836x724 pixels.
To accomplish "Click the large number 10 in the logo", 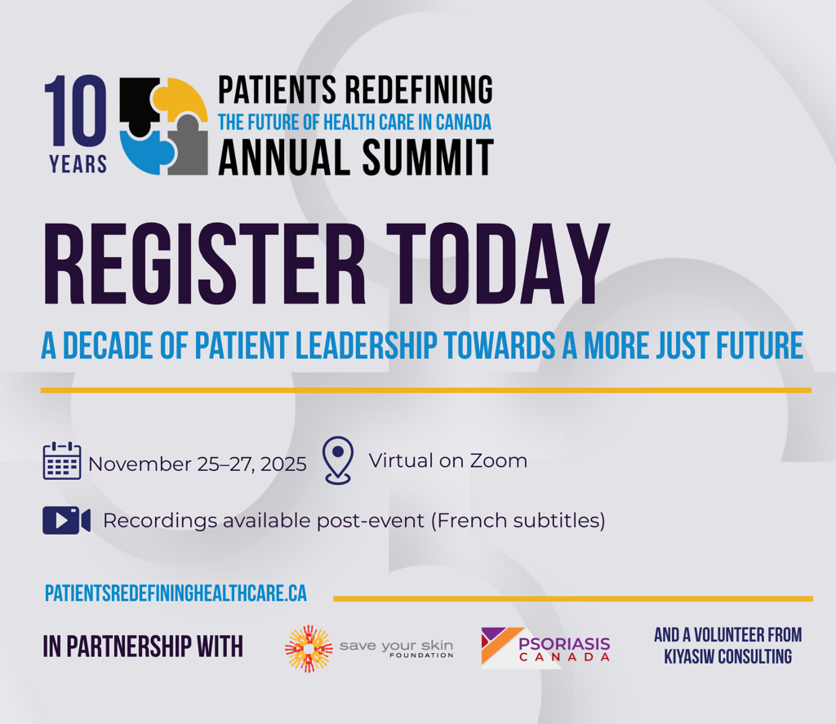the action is coord(75,110).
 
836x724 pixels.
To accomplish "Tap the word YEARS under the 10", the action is coord(78,164).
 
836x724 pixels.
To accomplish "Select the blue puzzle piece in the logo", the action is coord(145,151).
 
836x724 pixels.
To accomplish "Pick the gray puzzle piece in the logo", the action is coord(189,145).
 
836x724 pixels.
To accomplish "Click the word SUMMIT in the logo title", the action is coord(427,158).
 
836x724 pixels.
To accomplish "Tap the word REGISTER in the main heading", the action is coord(204,264).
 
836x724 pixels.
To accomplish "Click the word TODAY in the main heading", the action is coord(499,264).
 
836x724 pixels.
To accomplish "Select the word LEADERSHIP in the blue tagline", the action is coord(367,345).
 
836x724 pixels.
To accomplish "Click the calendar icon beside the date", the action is coord(62,460).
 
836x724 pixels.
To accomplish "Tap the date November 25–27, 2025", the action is coord(198,464).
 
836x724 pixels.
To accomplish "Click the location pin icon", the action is coord(338,460).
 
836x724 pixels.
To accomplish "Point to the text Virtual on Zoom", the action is coord(448,460).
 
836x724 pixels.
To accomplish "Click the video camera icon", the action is coord(67,520).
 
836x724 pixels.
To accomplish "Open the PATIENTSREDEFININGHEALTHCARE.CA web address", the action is coord(176,593).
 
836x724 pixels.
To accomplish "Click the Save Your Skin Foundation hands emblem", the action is coord(309,648).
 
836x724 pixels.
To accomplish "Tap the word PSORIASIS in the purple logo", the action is coord(564,644).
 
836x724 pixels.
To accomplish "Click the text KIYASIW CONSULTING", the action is coord(727,656).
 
